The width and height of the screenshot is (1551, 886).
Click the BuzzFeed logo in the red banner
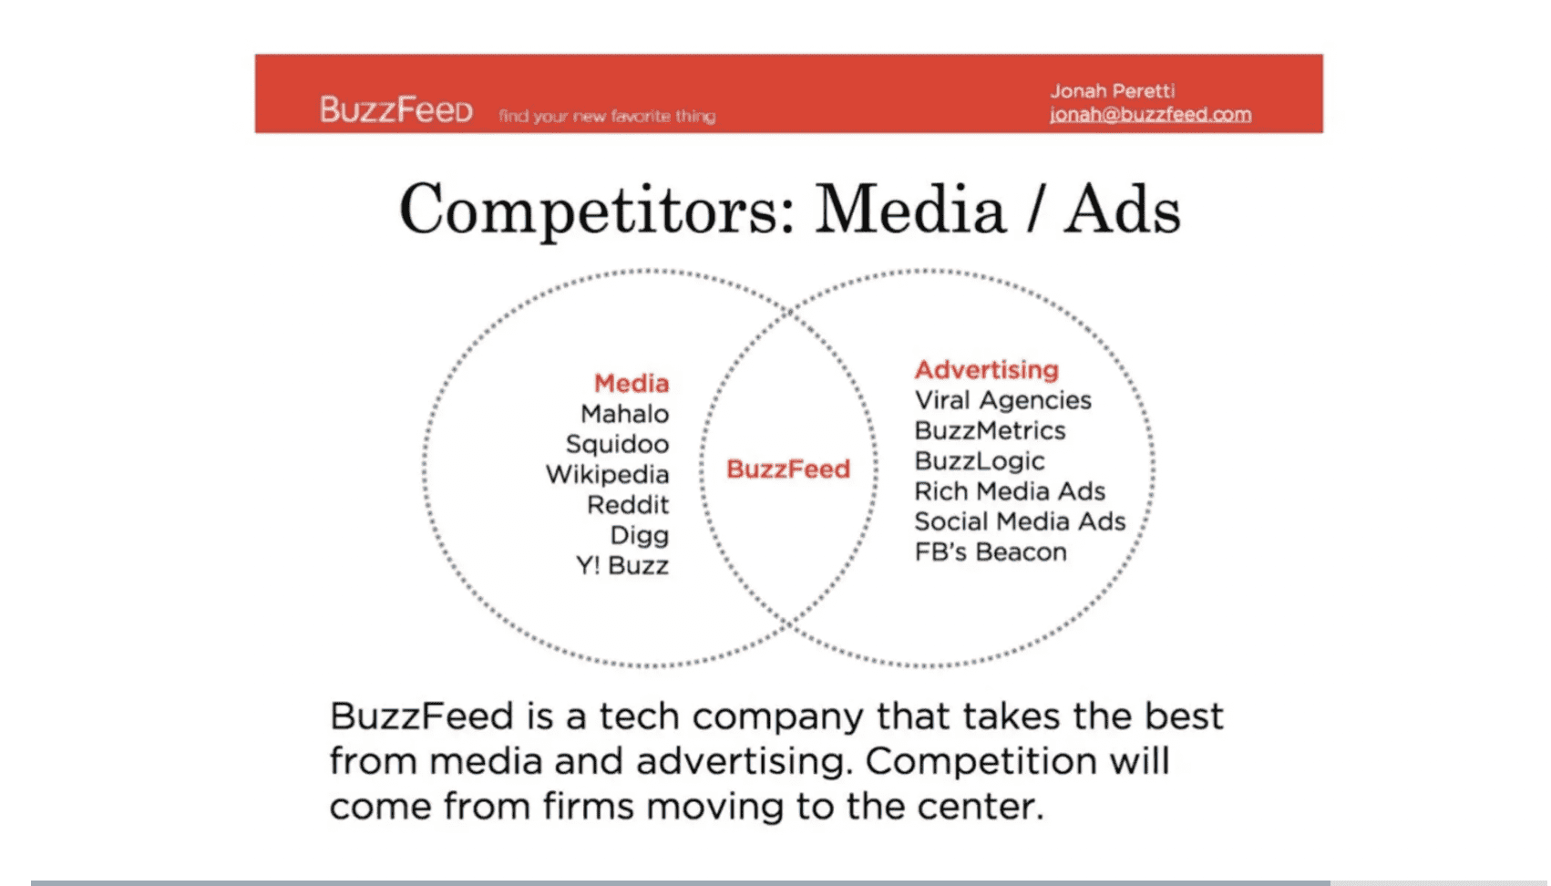tap(395, 110)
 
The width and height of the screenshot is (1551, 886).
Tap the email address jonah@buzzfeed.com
tap(1150, 114)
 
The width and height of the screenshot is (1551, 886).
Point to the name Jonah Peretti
tap(1112, 90)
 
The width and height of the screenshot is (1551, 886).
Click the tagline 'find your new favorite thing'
tap(607, 116)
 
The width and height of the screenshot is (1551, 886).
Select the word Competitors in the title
tap(598, 211)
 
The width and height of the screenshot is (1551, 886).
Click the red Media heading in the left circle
tap(632, 383)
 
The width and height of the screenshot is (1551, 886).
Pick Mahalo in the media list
tap(624, 414)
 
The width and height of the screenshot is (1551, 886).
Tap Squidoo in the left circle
tap(617, 444)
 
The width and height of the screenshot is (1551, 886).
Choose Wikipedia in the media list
tap(607, 474)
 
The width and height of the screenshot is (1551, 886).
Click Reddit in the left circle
tap(628, 504)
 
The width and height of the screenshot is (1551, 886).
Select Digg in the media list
tap(639, 535)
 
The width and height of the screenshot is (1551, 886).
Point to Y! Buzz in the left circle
tap(621, 565)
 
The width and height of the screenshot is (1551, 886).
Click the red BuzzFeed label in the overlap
tap(788, 469)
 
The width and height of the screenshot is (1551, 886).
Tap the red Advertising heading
tap(986, 369)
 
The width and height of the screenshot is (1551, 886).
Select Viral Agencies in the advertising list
tap(1002, 400)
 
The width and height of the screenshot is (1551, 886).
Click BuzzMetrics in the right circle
tap(990, 430)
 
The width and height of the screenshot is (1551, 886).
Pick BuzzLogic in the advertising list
tap(980, 460)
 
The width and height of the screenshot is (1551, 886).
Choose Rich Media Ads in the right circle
tap(1010, 491)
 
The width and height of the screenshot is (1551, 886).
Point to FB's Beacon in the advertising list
tap(991, 551)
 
